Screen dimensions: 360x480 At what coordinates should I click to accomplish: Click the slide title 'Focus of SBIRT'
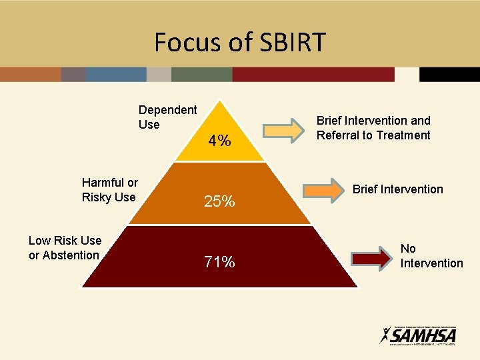tap(240, 42)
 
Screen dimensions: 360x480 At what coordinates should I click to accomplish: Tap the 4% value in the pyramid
tap(219, 141)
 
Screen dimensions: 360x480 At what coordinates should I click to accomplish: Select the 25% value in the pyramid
tap(219, 201)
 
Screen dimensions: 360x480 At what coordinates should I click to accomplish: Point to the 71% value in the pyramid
tap(219, 262)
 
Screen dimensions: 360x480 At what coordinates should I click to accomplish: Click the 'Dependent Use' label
tap(167, 117)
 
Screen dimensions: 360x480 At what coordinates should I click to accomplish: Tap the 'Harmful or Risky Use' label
tap(109, 189)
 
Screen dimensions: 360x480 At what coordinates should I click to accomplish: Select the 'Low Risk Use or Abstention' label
tap(65, 247)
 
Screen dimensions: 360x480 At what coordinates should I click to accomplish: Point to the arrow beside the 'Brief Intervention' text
tap(323, 191)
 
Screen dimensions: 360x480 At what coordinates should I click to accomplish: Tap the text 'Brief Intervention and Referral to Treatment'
tap(373, 128)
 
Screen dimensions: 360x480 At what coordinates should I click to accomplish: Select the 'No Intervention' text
tap(431, 256)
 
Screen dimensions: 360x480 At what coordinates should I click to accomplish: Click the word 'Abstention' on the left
tap(73, 255)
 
